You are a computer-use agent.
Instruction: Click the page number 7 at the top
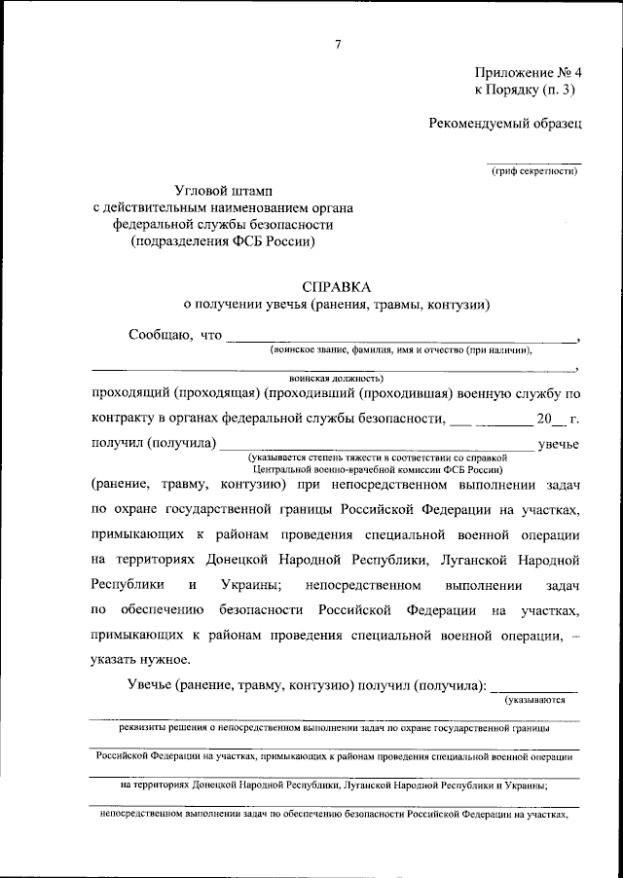coord(338,44)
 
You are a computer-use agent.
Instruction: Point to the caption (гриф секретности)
coord(533,172)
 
